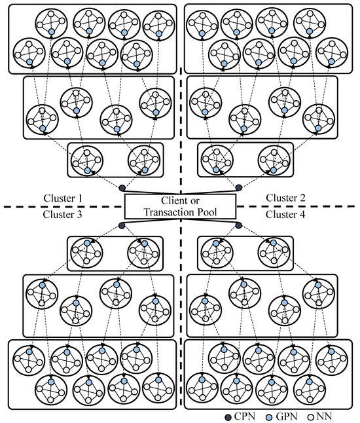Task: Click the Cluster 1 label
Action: point(63,197)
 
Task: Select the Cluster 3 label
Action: point(63,214)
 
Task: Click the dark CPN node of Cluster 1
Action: point(122,188)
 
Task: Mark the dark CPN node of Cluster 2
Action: point(239,188)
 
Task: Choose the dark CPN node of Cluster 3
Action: point(122,226)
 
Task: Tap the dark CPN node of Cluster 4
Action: point(239,226)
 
